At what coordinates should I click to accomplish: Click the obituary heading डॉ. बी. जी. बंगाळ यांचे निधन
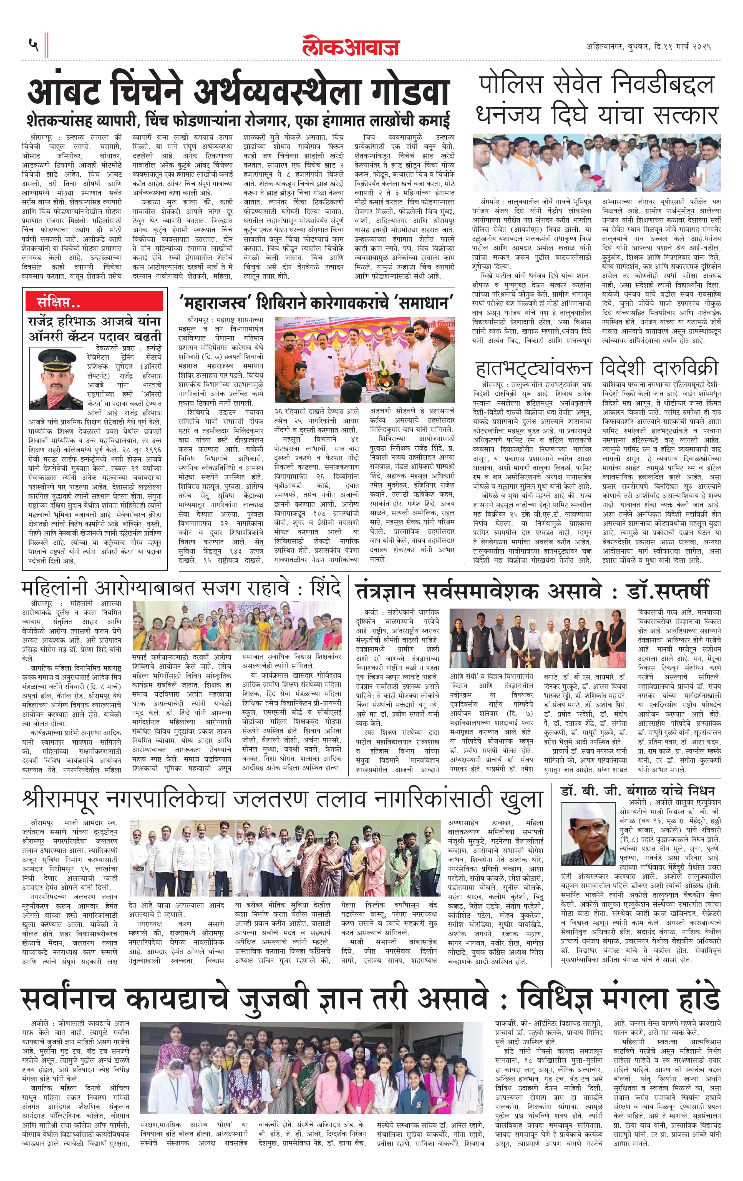tap(638, 790)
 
